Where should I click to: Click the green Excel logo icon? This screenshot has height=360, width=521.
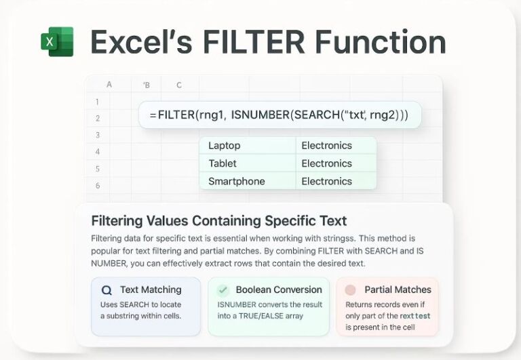pos(57,42)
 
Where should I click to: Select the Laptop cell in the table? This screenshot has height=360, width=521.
pos(225,146)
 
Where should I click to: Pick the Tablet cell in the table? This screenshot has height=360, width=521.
pos(223,163)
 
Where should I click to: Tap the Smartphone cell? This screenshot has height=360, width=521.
pos(237,181)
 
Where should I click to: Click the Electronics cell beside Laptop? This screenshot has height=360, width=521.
pos(326,146)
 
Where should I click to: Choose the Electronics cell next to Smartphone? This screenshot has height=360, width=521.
pos(326,181)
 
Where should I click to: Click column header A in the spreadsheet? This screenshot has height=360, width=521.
pos(109,85)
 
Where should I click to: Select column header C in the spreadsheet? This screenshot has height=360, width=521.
pos(179,85)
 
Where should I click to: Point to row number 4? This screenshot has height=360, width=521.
pos(98,152)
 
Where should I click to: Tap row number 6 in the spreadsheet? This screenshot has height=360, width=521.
pos(98,185)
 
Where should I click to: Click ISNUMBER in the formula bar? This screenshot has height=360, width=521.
pos(260,115)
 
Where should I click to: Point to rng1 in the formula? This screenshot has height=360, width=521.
pos(208,115)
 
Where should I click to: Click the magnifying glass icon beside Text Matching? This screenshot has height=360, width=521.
pos(107,290)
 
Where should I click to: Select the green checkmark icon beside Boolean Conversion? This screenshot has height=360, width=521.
pos(223,290)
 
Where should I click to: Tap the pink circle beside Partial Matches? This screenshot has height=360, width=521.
pos(351,290)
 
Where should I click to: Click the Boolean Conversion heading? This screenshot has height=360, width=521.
pos(278,289)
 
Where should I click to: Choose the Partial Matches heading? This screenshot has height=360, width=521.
pos(398,289)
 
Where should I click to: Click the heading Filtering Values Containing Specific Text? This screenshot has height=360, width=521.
pos(218,221)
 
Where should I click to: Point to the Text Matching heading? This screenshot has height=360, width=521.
pos(151,289)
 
